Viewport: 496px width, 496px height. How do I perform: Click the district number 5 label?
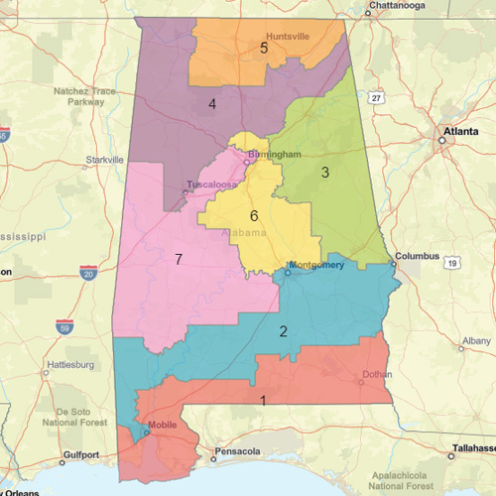click(264, 48)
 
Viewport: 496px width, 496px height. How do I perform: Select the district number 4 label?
click(212, 104)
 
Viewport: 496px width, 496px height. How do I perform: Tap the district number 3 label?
click(324, 173)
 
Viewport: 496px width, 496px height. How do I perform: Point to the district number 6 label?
click(254, 215)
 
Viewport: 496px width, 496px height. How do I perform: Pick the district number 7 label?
click(179, 259)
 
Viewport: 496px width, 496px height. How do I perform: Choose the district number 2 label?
click(283, 331)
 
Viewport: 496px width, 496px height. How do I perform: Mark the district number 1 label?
click(263, 401)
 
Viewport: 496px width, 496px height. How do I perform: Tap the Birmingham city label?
click(274, 156)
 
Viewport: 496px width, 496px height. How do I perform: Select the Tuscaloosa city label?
click(210, 186)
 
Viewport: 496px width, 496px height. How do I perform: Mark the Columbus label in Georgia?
click(416, 256)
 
